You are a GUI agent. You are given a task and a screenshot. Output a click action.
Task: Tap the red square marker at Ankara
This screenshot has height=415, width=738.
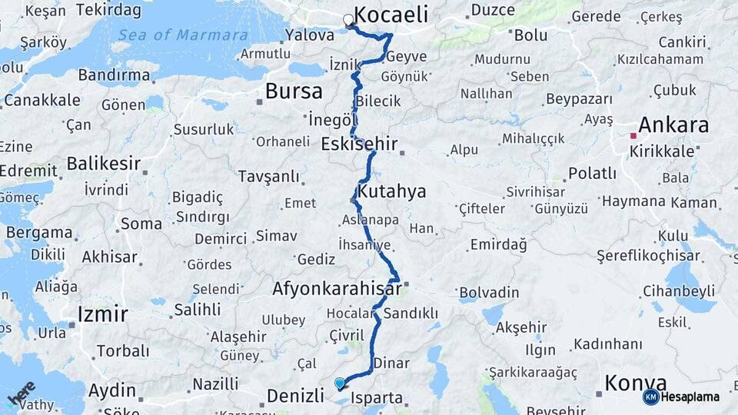(x=633, y=136)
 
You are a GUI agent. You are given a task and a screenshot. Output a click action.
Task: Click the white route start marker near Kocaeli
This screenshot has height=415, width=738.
(x=349, y=21)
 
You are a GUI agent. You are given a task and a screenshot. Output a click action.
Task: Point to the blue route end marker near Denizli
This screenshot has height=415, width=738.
(x=340, y=383)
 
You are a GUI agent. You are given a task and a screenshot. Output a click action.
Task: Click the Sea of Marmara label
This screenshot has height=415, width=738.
(x=183, y=35)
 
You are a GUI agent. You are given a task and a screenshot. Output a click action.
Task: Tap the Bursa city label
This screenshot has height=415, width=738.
(x=294, y=91)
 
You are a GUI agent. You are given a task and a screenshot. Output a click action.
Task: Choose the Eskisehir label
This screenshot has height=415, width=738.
(x=359, y=143)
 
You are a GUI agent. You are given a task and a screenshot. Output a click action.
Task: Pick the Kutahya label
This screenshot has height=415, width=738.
(x=392, y=191)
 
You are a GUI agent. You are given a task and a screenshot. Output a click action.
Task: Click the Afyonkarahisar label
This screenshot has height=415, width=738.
(x=337, y=289)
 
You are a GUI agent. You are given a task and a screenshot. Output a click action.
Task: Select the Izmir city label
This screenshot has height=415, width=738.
(x=102, y=314)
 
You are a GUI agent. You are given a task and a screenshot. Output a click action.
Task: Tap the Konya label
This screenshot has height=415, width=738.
(x=635, y=382)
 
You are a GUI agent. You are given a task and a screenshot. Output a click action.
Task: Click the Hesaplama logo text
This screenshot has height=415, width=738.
(x=690, y=397)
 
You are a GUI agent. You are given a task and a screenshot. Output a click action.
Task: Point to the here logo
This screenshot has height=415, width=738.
(x=22, y=393)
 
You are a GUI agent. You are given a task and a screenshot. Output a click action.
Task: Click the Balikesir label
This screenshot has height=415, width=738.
(x=104, y=163)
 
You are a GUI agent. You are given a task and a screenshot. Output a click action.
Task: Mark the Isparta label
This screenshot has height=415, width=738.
(x=377, y=398)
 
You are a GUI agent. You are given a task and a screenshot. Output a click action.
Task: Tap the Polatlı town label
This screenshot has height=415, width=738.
(x=592, y=174)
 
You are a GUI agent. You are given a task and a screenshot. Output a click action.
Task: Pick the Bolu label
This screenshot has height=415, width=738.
(x=530, y=35)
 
